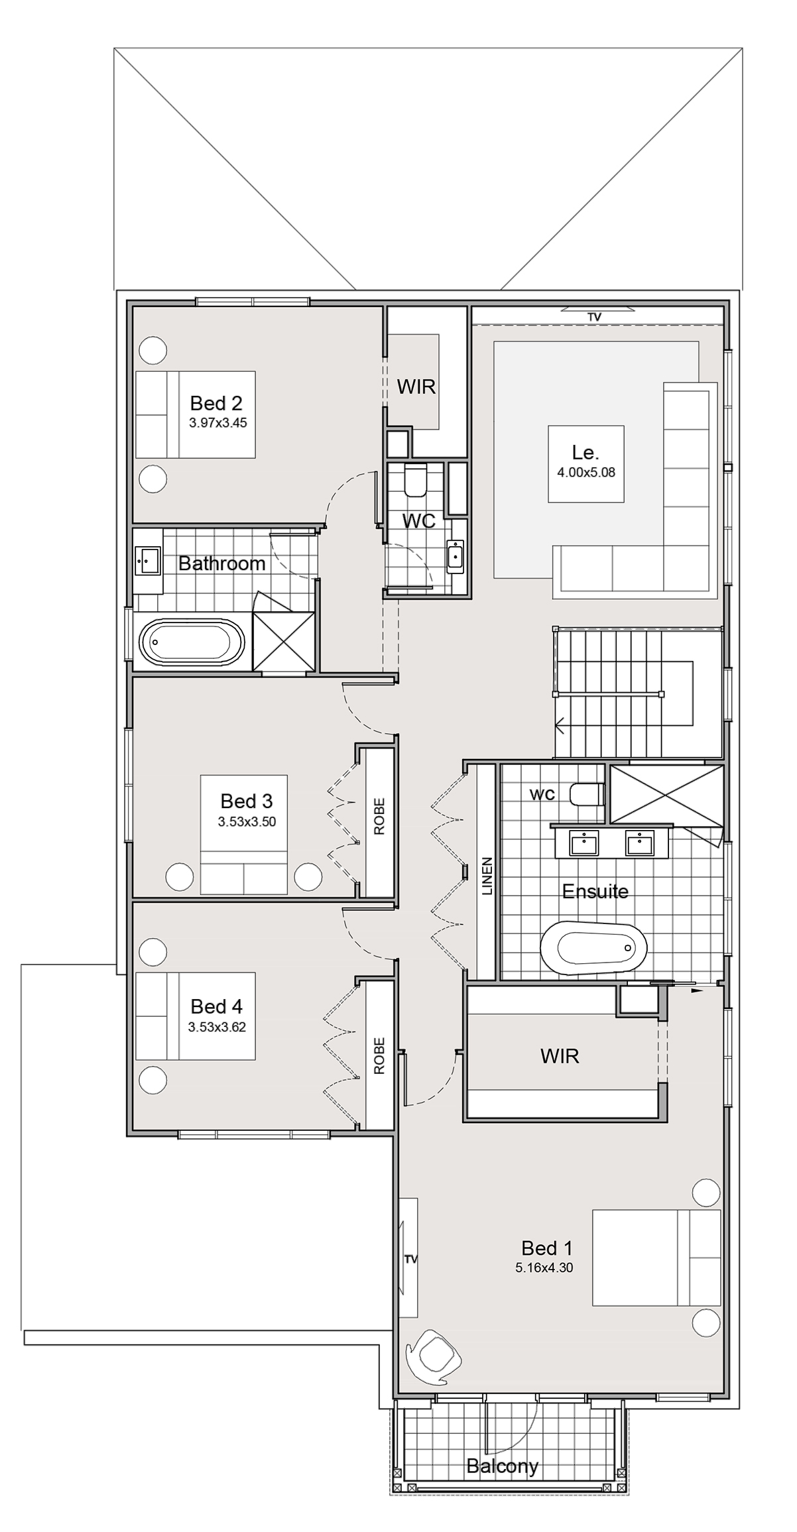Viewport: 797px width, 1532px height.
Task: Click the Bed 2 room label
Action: pyautogui.click(x=216, y=403)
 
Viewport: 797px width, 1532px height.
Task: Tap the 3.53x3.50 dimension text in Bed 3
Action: pyautogui.click(x=247, y=822)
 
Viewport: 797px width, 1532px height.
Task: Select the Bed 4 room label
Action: pyautogui.click(x=217, y=1007)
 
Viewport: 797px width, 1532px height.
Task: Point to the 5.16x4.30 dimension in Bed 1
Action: pyautogui.click(x=544, y=1268)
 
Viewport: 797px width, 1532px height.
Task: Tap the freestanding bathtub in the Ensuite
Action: pyautogui.click(x=593, y=947)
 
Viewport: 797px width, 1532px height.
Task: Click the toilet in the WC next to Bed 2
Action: pyautogui.click(x=416, y=480)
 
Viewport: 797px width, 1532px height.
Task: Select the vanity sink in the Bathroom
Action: pyautogui.click(x=147, y=561)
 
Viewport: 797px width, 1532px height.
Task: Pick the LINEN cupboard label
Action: pyautogui.click(x=487, y=877)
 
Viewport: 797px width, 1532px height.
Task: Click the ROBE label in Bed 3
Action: pyautogui.click(x=379, y=816)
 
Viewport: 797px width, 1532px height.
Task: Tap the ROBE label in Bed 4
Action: pyautogui.click(x=379, y=1055)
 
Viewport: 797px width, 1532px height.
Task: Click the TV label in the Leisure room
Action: pyautogui.click(x=593, y=318)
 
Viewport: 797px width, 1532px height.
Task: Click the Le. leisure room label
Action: pyautogui.click(x=585, y=453)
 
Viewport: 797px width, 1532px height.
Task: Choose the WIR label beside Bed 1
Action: pyautogui.click(x=560, y=1056)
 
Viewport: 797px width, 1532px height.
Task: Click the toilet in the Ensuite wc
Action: pyautogui.click(x=587, y=794)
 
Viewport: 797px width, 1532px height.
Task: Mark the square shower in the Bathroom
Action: pyautogui.click(x=284, y=642)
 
